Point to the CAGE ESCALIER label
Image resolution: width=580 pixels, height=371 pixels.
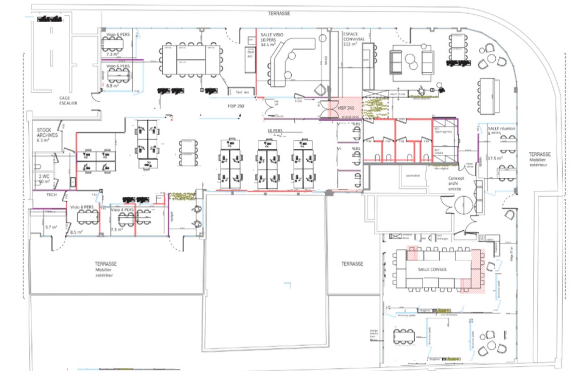[68, 100]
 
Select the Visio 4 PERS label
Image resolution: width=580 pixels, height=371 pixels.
[122, 210]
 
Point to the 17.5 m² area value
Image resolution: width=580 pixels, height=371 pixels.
[493, 158]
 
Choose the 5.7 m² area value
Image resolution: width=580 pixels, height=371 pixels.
[51, 227]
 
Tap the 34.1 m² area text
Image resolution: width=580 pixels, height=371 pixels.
[268, 44]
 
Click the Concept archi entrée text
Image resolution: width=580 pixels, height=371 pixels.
[456, 183]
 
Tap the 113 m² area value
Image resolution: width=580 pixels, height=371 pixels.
[350, 44]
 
